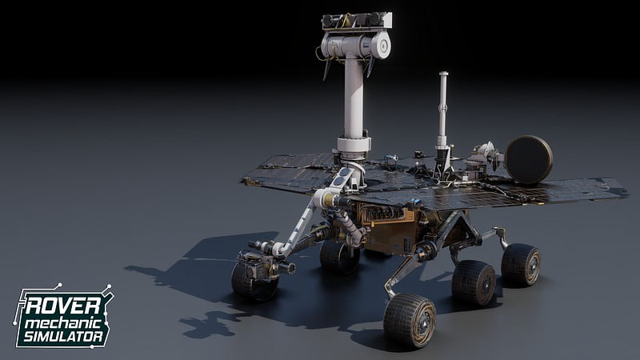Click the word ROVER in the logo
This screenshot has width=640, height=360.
63,306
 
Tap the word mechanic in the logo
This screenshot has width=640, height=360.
63,324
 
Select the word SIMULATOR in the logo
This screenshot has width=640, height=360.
63,337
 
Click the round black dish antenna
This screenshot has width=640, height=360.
529,159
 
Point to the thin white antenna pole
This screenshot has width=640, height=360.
443,110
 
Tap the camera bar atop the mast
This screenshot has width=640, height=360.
357,21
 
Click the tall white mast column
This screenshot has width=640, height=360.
354,98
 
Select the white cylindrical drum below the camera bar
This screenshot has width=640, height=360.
356,45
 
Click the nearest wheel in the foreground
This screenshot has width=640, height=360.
410,321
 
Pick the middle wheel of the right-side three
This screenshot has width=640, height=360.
474,283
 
